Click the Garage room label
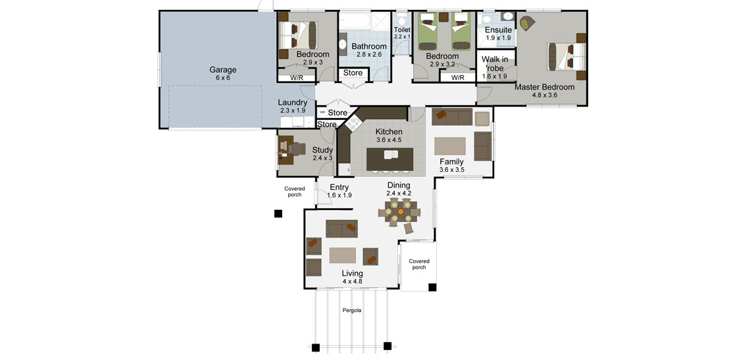point(223,70)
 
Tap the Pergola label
point(351,310)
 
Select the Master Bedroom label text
point(544,87)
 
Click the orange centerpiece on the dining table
point(401,211)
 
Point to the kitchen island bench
point(389,159)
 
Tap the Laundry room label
point(292,103)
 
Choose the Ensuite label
point(499,30)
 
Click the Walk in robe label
point(495,64)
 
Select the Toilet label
point(402,30)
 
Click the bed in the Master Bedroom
point(567,56)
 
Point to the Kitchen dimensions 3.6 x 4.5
point(389,140)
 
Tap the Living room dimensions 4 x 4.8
point(352,282)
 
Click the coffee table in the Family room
point(449,146)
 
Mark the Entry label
point(339,188)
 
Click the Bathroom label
point(369,47)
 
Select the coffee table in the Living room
point(343,255)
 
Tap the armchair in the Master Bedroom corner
point(528,23)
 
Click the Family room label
point(451,162)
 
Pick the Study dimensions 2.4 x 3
point(322,158)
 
